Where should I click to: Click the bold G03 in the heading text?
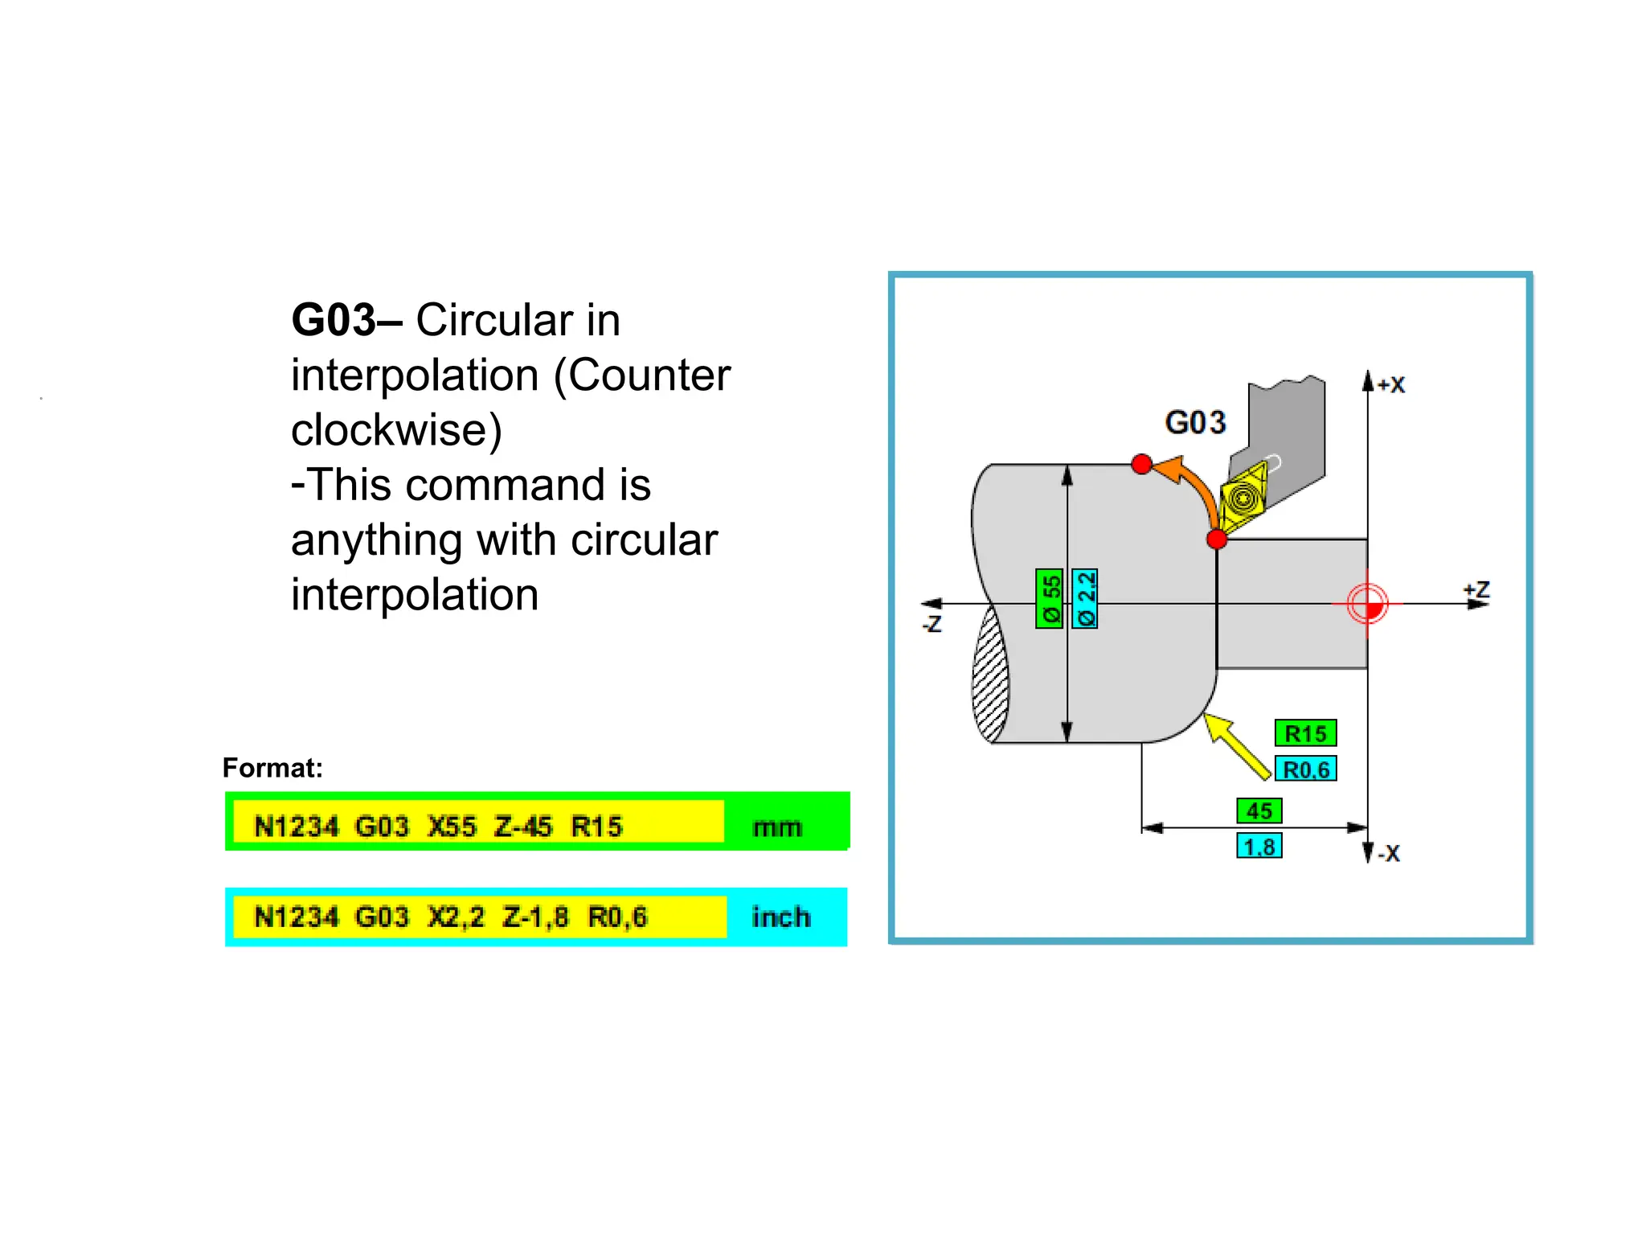(334, 320)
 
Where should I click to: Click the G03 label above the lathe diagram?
(1195, 422)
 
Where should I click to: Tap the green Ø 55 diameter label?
(1050, 598)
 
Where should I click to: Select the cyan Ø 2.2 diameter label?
(1085, 598)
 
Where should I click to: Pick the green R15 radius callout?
(1305, 733)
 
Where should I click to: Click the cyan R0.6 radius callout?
(1305, 769)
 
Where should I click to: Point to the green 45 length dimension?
(1259, 810)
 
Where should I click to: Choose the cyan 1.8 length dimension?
(1259, 847)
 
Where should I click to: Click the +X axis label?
(1391, 385)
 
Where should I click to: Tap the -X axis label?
(1388, 854)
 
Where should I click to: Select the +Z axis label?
(1476, 590)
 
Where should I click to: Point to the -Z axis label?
(932, 624)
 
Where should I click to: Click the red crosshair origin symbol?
(1368, 604)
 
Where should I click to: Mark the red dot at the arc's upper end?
(1141, 464)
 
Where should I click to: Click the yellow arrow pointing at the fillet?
(1236, 745)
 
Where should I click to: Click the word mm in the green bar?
(777, 827)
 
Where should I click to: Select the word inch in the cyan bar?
(780, 917)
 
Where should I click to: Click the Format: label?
(272, 768)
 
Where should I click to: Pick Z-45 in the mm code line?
(523, 827)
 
